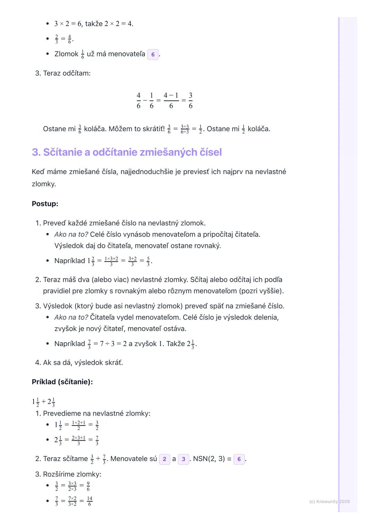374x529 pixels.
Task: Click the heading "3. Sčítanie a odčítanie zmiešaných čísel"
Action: coord(127,152)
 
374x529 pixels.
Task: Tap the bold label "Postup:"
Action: coord(45,204)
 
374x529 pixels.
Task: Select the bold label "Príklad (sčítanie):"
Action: coord(62,382)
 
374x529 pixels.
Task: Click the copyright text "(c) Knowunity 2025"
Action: coord(329,501)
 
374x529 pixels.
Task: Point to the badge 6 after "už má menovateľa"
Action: coord(153,54)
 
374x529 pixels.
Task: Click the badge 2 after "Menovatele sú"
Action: coord(164,459)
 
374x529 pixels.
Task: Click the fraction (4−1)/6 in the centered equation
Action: coord(171,100)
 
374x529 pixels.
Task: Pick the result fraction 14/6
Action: coord(90,501)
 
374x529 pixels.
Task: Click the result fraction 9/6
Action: coord(88,486)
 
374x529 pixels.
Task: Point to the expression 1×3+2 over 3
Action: coord(111,261)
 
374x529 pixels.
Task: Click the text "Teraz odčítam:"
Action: coord(67,73)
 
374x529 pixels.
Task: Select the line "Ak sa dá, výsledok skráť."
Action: coord(83,362)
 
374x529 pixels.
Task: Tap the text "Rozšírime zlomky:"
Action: coord(72,474)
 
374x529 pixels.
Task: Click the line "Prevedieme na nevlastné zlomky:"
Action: coord(97,413)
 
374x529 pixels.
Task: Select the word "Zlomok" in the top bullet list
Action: coord(66,54)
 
